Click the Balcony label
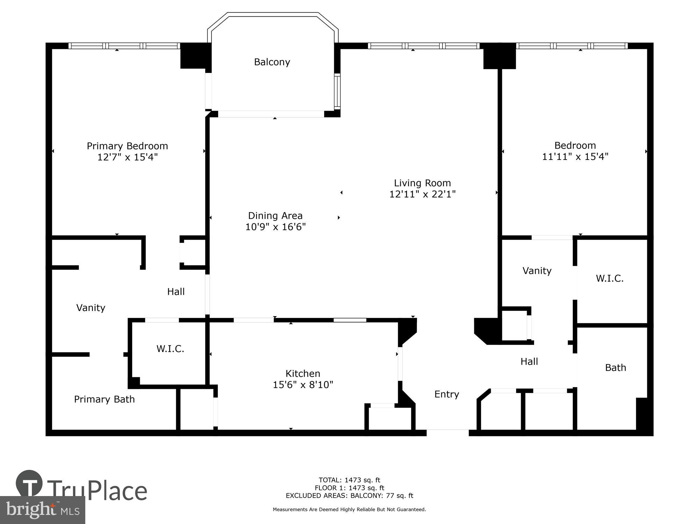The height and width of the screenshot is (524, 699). point(272,62)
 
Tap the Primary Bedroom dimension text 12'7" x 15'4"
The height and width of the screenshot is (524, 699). point(127,157)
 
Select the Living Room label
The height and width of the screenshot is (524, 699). point(422,183)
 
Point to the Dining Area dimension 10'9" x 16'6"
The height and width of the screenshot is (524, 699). point(275,227)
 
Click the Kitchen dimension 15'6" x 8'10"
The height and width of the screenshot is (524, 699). point(303,385)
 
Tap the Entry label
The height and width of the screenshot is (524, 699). point(446,394)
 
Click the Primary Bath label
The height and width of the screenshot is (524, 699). point(104,399)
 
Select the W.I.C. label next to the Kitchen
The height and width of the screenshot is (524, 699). point(170,349)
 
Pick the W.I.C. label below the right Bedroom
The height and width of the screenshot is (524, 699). point(610,278)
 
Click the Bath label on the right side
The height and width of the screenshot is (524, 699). point(615,367)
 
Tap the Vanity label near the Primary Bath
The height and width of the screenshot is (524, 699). point(91,308)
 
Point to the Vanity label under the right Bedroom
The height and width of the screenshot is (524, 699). point(537,271)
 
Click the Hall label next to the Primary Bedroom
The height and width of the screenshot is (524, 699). point(176,292)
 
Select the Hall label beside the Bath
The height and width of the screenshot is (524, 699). point(529,362)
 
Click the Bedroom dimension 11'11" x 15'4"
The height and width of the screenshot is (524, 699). point(575,157)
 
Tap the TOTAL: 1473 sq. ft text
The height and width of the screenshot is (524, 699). point(349,480)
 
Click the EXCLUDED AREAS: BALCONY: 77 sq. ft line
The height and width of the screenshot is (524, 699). point(349,496)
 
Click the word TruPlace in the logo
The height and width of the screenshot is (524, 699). point(97,491)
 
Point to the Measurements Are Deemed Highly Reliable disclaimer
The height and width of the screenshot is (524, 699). point(349,510)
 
